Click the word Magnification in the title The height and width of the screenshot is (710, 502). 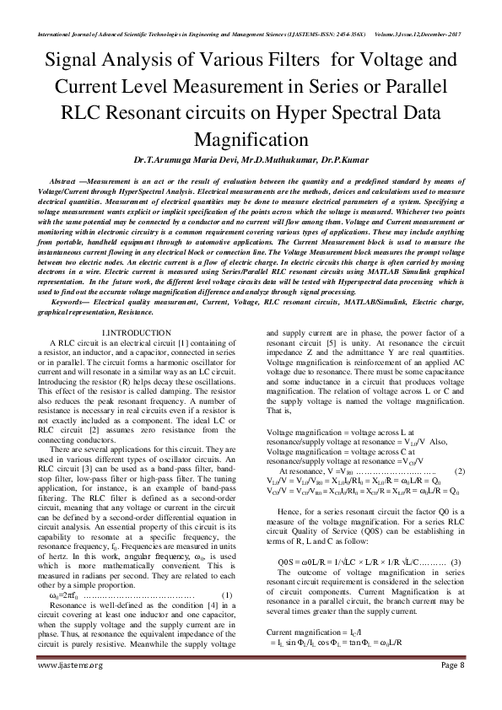(251, 138)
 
